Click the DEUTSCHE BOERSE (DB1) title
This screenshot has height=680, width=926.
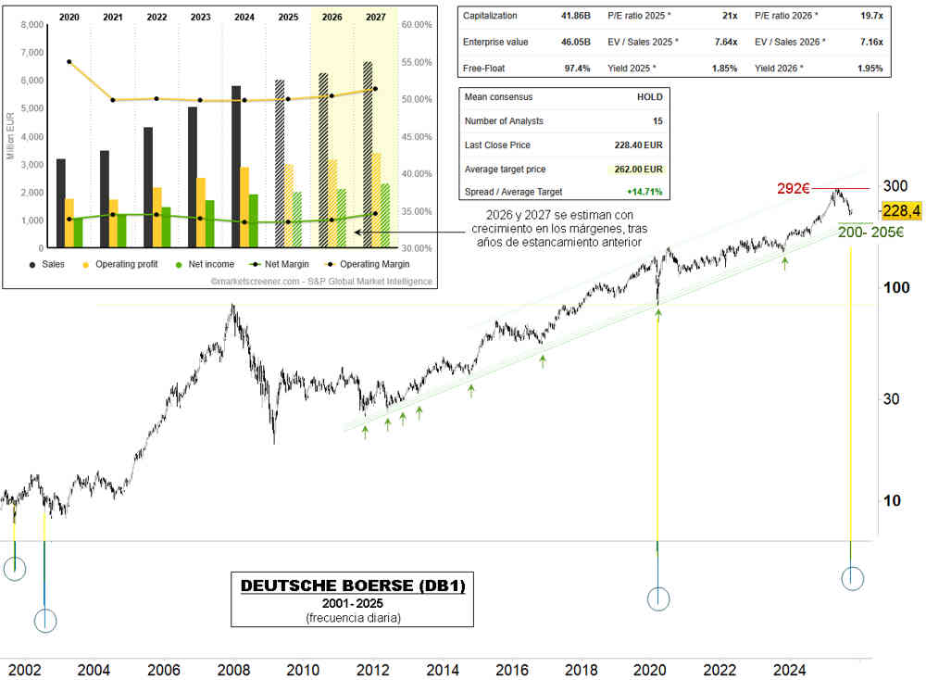click(353, 586)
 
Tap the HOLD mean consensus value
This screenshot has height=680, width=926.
click(649, 96)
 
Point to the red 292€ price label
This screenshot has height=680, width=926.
click(794, 189)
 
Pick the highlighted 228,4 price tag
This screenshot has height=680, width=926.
click(900, 211)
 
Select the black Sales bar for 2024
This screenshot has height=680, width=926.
click(236, 167)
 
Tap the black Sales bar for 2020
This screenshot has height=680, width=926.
click(60, 203)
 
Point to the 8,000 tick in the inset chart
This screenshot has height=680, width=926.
click(31, 25)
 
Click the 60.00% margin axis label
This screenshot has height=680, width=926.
click(417, 25)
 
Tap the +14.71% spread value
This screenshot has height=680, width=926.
click(643, 192)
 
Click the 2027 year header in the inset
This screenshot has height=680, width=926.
click(374, 17)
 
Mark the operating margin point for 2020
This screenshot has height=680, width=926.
click(69, 62)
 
